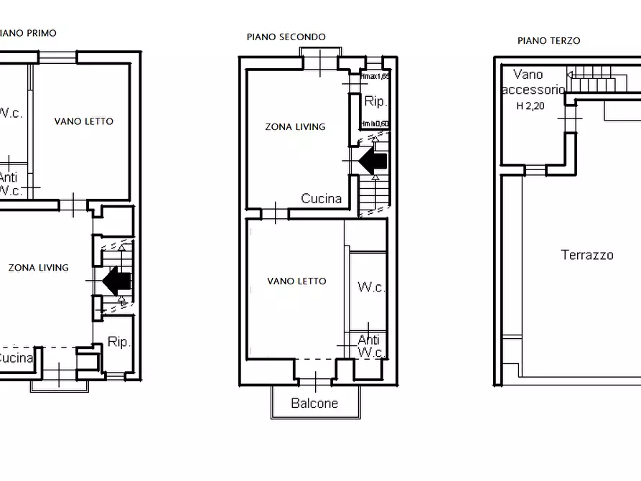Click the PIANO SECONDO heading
286,37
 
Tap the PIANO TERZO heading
548,41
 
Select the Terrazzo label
586,255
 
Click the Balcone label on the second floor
314,403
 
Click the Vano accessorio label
533,83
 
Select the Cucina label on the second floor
321,199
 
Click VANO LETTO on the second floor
296,281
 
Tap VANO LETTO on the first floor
84,121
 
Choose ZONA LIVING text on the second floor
295,127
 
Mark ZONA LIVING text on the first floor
38,268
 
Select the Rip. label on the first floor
119,342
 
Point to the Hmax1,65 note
375,76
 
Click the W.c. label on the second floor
371,288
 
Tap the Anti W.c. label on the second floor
370,346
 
